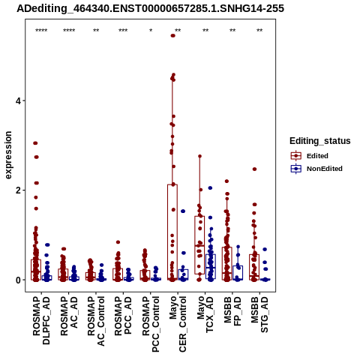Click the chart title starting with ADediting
(150, 8)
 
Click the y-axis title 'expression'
(8, 155)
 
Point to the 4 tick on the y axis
(18, 100)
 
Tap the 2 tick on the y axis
(18, 190)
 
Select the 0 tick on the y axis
(18, 280)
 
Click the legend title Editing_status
(320, 141)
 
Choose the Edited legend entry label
(317, 156)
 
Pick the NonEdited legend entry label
(325, 169)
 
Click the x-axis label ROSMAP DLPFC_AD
(41, 320)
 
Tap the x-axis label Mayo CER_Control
(178, 324)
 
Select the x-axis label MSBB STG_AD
(259, 314)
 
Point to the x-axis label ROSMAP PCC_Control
(151, 324)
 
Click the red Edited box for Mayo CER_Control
(172, 232)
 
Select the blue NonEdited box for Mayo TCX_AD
(211, 266)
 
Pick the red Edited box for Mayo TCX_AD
(199, 245)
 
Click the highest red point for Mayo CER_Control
(172, 36)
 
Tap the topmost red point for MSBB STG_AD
(254, 169)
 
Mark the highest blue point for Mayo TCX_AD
(210, 188)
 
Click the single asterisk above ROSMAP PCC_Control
(151, 31)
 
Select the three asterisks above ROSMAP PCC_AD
(123, 31)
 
